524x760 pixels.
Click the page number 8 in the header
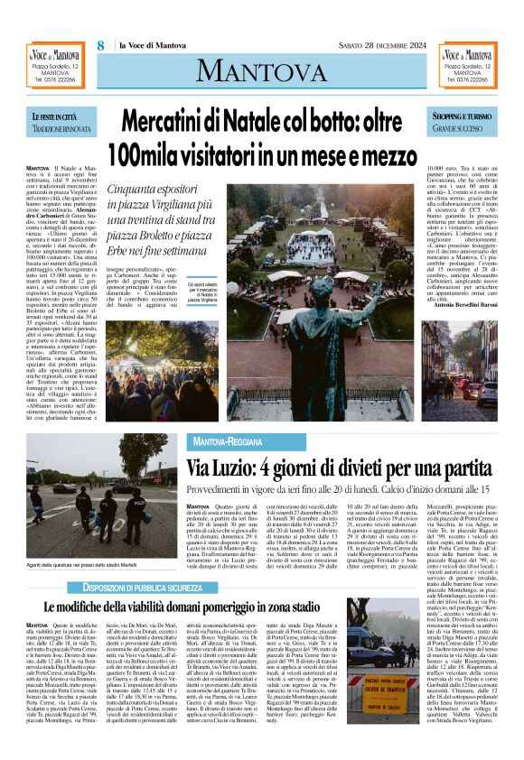click(x=101, y=45)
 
